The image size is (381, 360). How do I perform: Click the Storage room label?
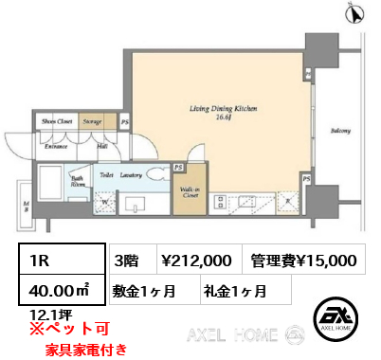click(x=91, y=122)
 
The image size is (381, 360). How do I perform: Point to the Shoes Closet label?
click(x=55, y=122)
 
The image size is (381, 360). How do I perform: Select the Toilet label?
click(x=107, y=175)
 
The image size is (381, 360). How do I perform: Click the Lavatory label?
click(x=131, y=175)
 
